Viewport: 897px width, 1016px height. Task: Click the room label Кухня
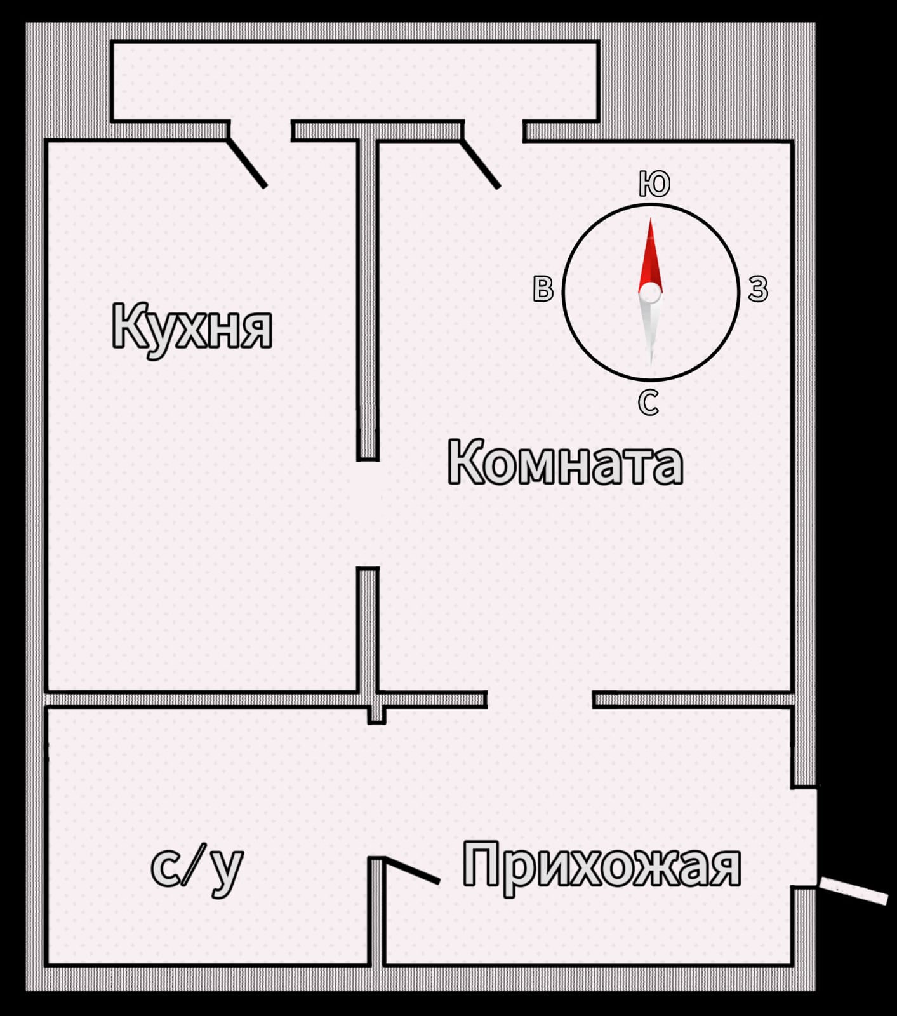click(192, 328)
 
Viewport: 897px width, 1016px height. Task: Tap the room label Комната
click(565, 463)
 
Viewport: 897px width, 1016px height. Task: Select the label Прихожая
click(601, 864)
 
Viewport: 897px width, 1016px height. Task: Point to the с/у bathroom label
click(197, 867)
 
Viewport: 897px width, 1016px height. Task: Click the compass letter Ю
click(654, 184)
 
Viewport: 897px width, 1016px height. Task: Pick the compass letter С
click(648, 402)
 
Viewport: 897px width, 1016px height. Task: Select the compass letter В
click(543, 289)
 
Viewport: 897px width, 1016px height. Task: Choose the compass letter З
click(757, 289)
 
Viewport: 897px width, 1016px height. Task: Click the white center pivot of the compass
click(649, 293)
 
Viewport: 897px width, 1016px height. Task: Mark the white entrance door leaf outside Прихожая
click(853, 890)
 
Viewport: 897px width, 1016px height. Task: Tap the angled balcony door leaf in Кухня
click(247, 163)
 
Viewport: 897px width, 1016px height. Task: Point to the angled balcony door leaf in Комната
click(481, 164)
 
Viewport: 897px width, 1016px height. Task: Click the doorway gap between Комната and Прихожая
click(540, 700)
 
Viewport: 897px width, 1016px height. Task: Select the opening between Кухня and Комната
click(368, 513)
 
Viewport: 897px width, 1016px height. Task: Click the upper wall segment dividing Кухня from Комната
click(368, 298)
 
